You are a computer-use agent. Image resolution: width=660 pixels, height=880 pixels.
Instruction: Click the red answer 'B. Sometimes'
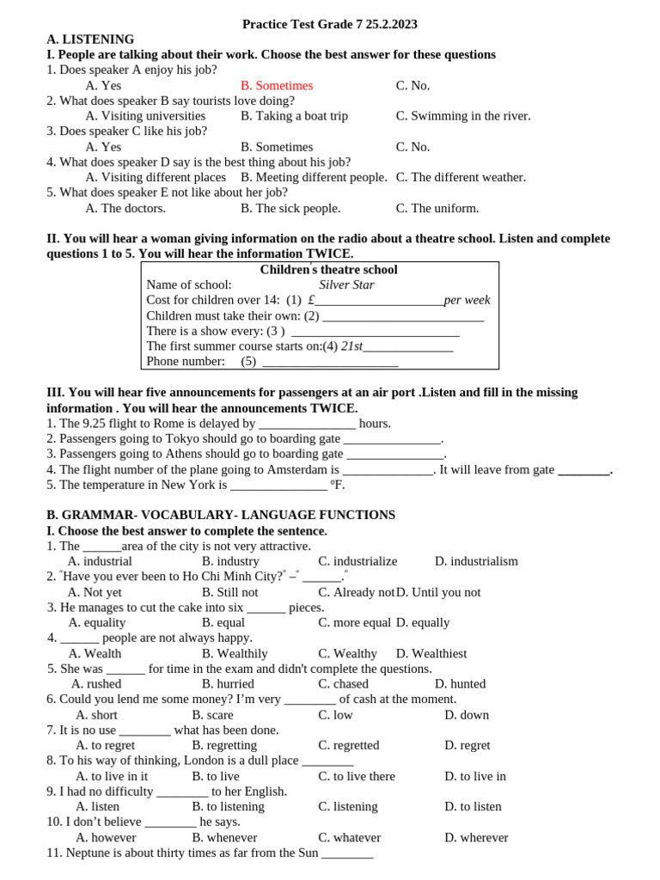point(277,86)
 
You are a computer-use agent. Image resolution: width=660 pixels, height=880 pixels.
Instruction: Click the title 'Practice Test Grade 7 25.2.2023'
point(330,24)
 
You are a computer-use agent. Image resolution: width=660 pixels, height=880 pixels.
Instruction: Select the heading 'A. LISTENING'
point(90,40)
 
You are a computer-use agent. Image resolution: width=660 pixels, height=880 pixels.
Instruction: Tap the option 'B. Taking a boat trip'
point(294,116)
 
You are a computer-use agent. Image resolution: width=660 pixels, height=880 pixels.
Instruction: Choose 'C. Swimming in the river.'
point(463,116)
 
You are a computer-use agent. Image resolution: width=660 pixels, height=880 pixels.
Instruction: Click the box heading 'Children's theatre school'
point(328,270)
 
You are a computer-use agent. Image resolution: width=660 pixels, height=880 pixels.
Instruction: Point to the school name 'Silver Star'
point(346,285)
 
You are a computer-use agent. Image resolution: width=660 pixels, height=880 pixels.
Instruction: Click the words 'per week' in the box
point(467,300)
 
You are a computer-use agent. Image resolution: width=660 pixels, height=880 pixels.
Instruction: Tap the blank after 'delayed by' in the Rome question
point(307,424)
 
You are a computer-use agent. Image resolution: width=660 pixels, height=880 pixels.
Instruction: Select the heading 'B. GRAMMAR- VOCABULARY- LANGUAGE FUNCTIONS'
point(221,515)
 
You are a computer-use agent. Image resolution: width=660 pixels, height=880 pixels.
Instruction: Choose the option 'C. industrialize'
point(357,561)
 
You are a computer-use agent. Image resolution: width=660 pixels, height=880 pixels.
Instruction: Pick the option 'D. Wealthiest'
point(431,654)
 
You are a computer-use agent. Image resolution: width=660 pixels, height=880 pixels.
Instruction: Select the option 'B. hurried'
point(228,684)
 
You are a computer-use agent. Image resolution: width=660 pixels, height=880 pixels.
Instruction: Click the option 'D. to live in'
point(475,776)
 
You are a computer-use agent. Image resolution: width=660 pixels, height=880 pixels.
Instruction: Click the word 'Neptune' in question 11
point(89,853)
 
